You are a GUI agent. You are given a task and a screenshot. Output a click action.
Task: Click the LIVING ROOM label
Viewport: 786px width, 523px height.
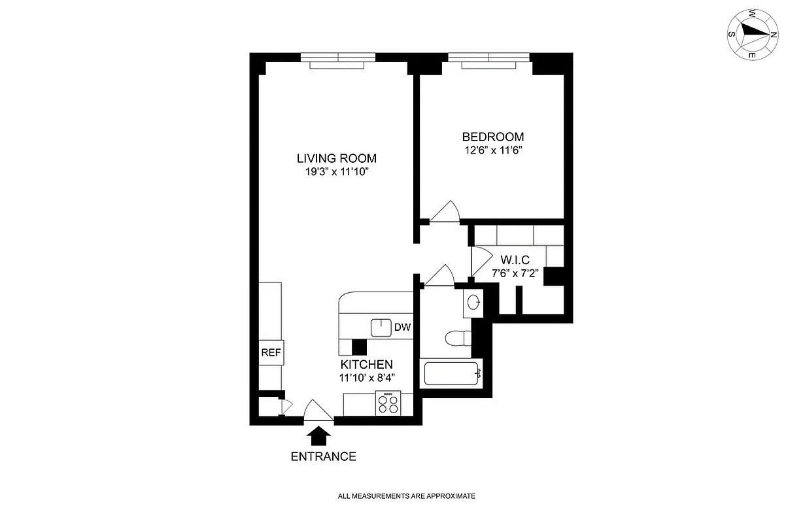(336, 158)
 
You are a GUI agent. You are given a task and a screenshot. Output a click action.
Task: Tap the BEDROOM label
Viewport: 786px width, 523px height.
(492, 137)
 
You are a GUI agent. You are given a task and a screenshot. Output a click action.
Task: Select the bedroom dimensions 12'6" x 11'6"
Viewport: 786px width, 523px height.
(492, 150)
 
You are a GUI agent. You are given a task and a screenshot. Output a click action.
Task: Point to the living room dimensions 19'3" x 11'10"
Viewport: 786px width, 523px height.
(336, 172)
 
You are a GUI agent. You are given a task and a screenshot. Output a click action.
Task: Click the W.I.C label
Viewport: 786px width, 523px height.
(515, 260)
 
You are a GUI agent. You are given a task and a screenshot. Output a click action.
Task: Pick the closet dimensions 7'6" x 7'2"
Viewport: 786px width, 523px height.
(515, 273)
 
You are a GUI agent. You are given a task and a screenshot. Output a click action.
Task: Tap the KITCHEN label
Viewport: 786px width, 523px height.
(366, 364)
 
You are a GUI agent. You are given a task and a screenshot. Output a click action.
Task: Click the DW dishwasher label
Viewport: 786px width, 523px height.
(402, 328)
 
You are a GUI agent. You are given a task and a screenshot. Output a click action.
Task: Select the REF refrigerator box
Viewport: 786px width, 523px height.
(271, 353)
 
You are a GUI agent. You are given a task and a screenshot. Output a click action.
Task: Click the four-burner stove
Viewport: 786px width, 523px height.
(388, 403)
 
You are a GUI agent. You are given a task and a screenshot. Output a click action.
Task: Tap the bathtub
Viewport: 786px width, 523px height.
(453, 374)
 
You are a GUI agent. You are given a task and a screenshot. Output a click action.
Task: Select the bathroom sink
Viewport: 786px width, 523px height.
(474, 301)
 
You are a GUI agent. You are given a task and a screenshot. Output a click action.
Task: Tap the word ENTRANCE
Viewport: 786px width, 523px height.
(323, 456)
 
